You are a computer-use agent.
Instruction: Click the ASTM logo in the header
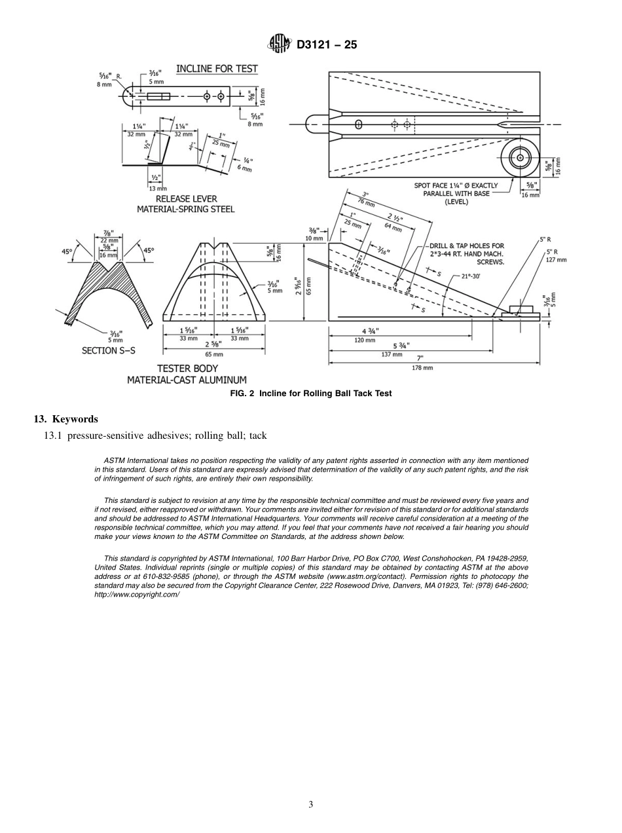[279, 45]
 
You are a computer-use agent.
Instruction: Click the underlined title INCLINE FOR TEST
[217, 69]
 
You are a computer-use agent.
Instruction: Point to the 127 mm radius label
[557, 260]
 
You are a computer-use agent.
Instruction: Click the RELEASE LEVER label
[186, 199]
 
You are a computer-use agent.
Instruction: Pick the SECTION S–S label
[109, 351]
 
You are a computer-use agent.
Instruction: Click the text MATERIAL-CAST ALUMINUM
[187, 379]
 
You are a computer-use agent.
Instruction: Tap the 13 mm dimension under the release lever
[158, 189]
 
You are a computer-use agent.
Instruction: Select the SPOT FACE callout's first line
[456, 185]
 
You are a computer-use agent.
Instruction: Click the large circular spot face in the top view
[521, 158]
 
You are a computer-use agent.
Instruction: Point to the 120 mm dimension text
[365, 341]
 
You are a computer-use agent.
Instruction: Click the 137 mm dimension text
[392, 354]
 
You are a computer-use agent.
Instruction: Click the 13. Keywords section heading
[65, 418]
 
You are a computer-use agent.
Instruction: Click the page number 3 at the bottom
[311, 804]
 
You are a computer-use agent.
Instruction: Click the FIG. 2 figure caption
[311, 393]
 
